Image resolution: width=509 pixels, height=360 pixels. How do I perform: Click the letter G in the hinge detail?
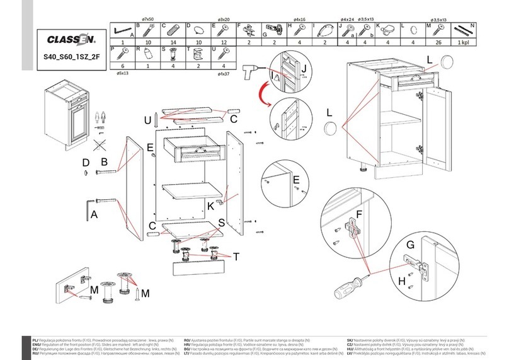409,244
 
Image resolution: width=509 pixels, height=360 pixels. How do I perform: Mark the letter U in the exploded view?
146,120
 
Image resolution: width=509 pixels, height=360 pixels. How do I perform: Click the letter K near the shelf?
211,206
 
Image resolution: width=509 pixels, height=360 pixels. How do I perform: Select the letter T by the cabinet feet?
236,256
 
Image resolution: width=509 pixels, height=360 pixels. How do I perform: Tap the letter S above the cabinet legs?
221,222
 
